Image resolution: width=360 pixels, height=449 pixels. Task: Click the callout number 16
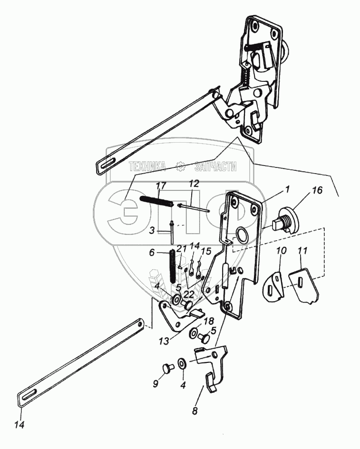(x=317, y=190)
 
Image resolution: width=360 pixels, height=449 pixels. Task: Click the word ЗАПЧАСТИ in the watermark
(x=215, y=166)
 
